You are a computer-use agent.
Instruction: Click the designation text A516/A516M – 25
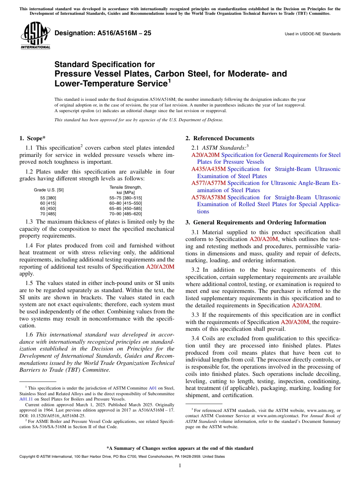tap(103, 33)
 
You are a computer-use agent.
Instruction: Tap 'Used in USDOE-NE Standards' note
tap(312, 34)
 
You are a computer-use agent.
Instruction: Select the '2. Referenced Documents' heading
tap(219, 138)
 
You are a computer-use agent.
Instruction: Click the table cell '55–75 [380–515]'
tap(125, 198)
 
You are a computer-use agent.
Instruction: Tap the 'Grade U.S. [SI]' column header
tap(49, 190)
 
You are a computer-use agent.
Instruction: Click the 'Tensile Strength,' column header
tap(125, 187)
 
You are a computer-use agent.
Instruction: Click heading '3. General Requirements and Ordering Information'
tap(255, 222)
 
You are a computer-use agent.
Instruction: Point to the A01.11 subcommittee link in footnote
tap(25, 399)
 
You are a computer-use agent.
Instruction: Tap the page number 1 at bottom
tap(180, 466)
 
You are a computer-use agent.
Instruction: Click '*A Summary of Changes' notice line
tap(180, 448)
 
